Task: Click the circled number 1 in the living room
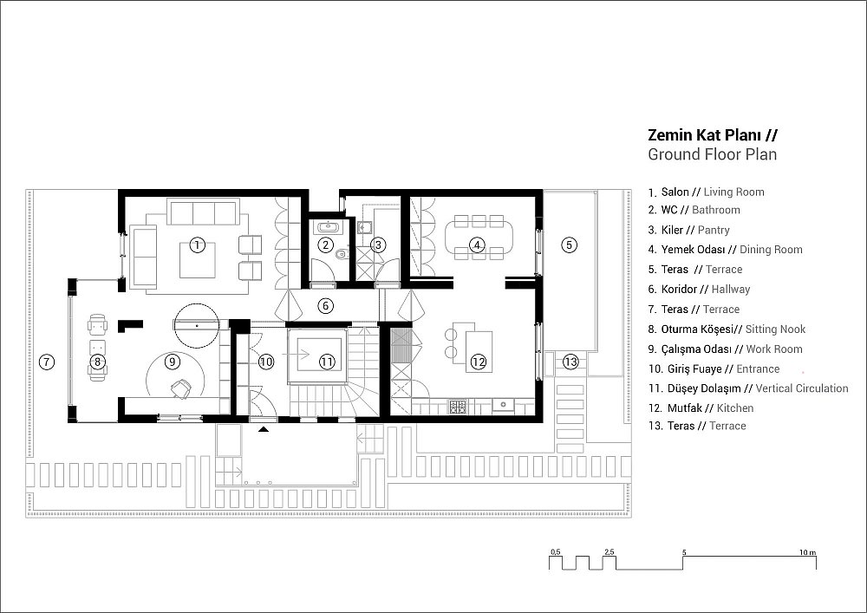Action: pos(197,245)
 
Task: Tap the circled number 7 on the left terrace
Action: pos(47,362)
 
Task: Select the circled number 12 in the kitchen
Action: pos(478,362)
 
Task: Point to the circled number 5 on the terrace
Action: pos(570,245)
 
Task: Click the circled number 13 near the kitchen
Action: pos(570,362)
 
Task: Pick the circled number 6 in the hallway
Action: pos(326,305)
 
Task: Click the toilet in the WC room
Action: pos(341,255)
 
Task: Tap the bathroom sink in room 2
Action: pos(326,226)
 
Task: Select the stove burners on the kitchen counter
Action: pos(457,407)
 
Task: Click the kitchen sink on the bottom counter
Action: pos(503,405)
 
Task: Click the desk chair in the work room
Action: pos(180,388)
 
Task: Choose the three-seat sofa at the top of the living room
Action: pos(203,212)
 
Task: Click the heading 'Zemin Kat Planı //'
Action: pos(713,136)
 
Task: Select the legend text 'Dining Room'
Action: pos(771,250)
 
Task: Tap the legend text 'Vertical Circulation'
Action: pos(802,388)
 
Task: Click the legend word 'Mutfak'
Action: pos(685,408)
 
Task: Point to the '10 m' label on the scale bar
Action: pos(808,552)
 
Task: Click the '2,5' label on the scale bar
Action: pos(610,552)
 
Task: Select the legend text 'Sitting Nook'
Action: pos(775,329)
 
